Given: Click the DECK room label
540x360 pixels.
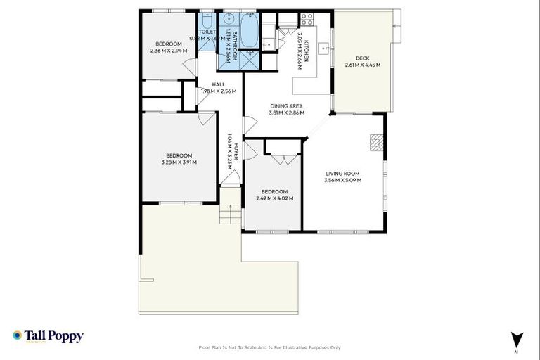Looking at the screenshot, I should [362, 58].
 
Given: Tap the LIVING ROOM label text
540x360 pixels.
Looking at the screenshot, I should [342, 173].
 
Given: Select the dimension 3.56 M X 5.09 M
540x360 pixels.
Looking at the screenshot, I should [342, 180].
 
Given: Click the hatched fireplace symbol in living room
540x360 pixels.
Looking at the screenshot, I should [378, 143].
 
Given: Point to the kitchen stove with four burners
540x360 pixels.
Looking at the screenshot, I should [307, 19].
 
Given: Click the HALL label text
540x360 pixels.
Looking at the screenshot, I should [218, 84].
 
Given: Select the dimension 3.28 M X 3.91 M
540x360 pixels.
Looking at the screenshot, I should [179, 162].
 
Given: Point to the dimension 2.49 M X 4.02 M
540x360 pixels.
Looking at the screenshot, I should [274, 198].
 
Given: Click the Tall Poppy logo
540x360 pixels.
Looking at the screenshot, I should [48, 336].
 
